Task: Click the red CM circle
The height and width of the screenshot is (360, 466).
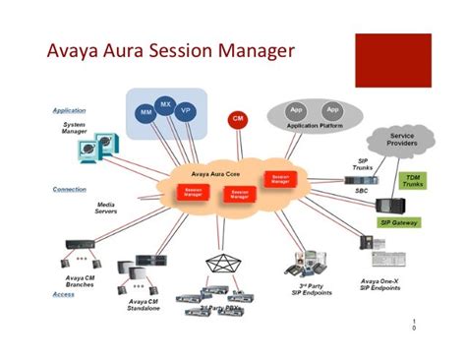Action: click(237, 119)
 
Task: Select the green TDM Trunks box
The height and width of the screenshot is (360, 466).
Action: click(412, 182)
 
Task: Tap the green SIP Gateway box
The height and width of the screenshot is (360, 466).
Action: click(400, 223)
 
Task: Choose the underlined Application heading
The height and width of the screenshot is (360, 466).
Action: click(69, 110)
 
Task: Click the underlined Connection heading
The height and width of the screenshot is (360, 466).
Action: click(69, 189)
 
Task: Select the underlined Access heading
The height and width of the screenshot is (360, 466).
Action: click(63, 293)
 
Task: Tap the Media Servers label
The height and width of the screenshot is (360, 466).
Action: click(106, 208)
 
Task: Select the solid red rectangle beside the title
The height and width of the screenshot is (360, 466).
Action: click(391, 59)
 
